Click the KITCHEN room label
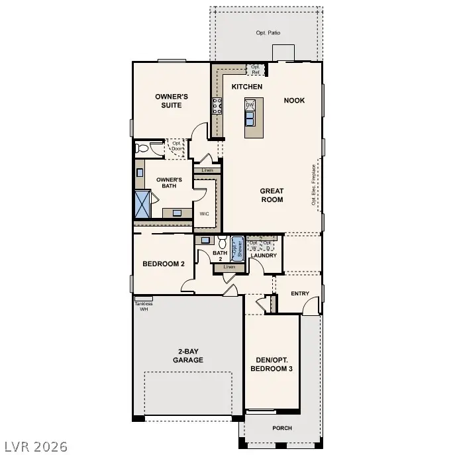247,87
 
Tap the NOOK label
294,101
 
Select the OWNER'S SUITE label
172,100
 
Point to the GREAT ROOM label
272,195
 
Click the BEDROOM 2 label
164,264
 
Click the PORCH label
281,428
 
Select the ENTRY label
300,293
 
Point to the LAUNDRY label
263,256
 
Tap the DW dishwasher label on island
250,105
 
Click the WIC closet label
205,214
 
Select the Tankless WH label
144,306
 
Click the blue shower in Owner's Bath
143,203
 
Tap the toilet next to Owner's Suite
141,148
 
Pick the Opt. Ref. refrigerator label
255,69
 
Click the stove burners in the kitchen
217,106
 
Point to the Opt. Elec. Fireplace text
314,185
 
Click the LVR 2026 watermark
34,446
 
